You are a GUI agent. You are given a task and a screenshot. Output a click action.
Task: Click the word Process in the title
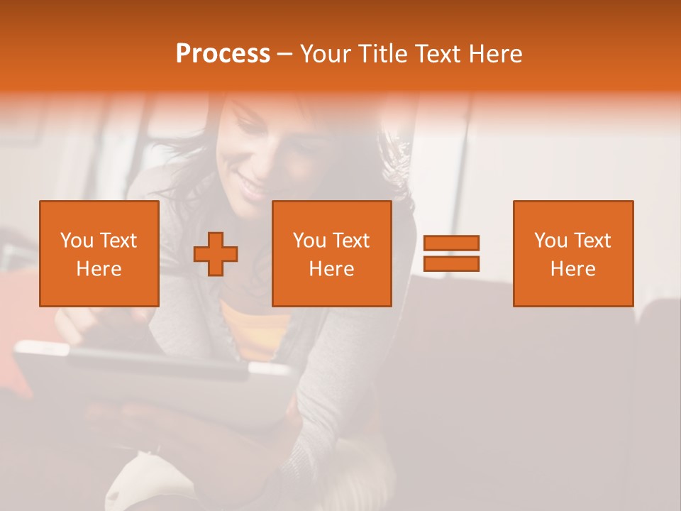(x=223, y=54)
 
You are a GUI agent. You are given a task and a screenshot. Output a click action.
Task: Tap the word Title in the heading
(x=381, y=54)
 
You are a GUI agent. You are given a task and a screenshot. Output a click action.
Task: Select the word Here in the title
(x=497, y=54)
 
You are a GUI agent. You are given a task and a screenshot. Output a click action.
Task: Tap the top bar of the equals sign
(x=451, y=243)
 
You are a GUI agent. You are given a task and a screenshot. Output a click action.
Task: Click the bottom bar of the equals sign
(x=451, y=264)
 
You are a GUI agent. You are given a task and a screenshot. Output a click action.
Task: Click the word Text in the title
(x=438, y=54)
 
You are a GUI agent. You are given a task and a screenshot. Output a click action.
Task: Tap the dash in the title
(x=284, y=54)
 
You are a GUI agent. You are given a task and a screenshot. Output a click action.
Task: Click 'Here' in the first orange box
(x=99, y=269)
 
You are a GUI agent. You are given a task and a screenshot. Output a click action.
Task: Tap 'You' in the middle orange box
(x=309, y=241)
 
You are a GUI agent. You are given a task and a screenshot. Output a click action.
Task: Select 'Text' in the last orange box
(x=594, y=241)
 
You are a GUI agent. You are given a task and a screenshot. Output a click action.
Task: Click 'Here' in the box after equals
(x=573, y=269)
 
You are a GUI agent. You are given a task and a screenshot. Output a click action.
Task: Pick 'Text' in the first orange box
(x=119, y=241)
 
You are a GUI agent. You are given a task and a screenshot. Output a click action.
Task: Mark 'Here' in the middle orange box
(x=332, y=269)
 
